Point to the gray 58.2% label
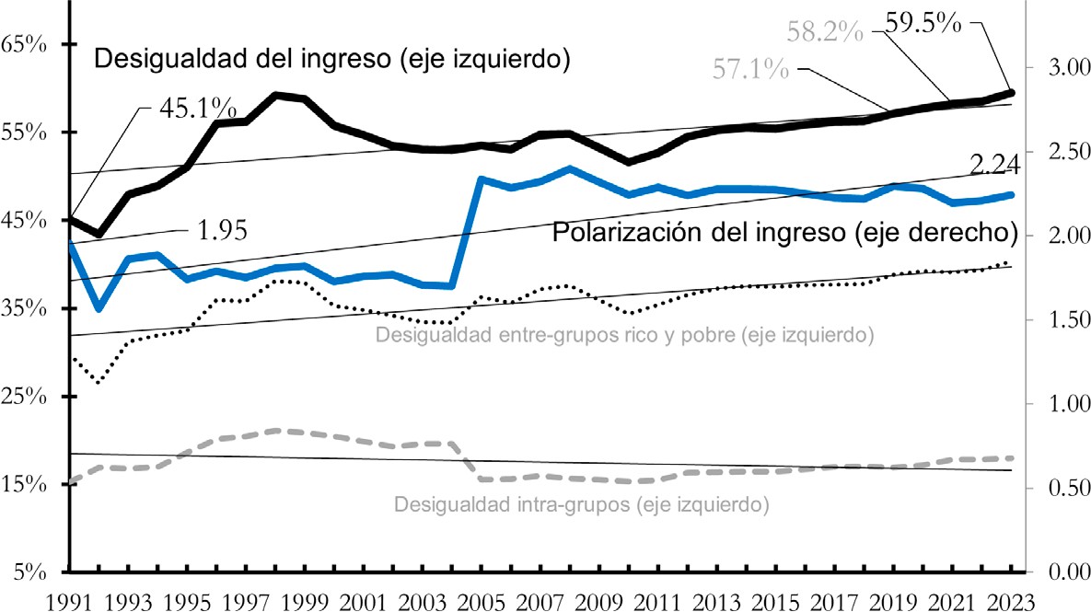tap(825, 32)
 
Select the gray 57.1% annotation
tap(751, 68)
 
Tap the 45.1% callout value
tap(197, 109)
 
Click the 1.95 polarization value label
tap(224, 229)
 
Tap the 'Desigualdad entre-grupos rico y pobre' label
tap(624, 335)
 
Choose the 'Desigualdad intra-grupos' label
tap(581, 504)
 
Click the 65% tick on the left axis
tap(28, 44)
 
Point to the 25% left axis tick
tap(28, 397)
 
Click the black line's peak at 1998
tap(276, 95)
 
